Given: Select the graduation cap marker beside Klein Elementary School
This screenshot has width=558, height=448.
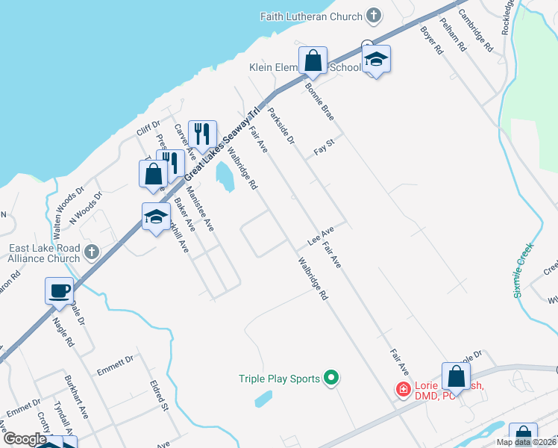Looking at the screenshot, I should pyautogui.click(x=377, y=60).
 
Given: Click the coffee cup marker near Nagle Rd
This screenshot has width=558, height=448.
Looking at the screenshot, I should pyautogui.click(x=59, y=290).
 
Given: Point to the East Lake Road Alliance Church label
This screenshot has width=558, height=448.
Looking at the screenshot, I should pyautogui.click(x=44, y=254).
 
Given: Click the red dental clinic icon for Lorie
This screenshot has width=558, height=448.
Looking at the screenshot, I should pyautogui.click(x=402, y=389).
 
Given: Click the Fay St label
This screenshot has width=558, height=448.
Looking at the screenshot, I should pyautogui.click(x=322, y=150).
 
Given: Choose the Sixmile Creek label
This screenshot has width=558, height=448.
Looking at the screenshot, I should pyautogui.click(x=525, y=268).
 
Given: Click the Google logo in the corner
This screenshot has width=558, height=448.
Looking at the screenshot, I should pyautogui.click(x=25, y=439).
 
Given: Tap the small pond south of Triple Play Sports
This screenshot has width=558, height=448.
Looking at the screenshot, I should pyautogui.click(x=263, y=399).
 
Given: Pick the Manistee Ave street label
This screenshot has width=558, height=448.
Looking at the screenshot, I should pyautogui.click(x=200, y=209).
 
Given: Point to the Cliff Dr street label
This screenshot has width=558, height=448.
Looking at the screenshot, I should pyautogui.click(x=148, y=130).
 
